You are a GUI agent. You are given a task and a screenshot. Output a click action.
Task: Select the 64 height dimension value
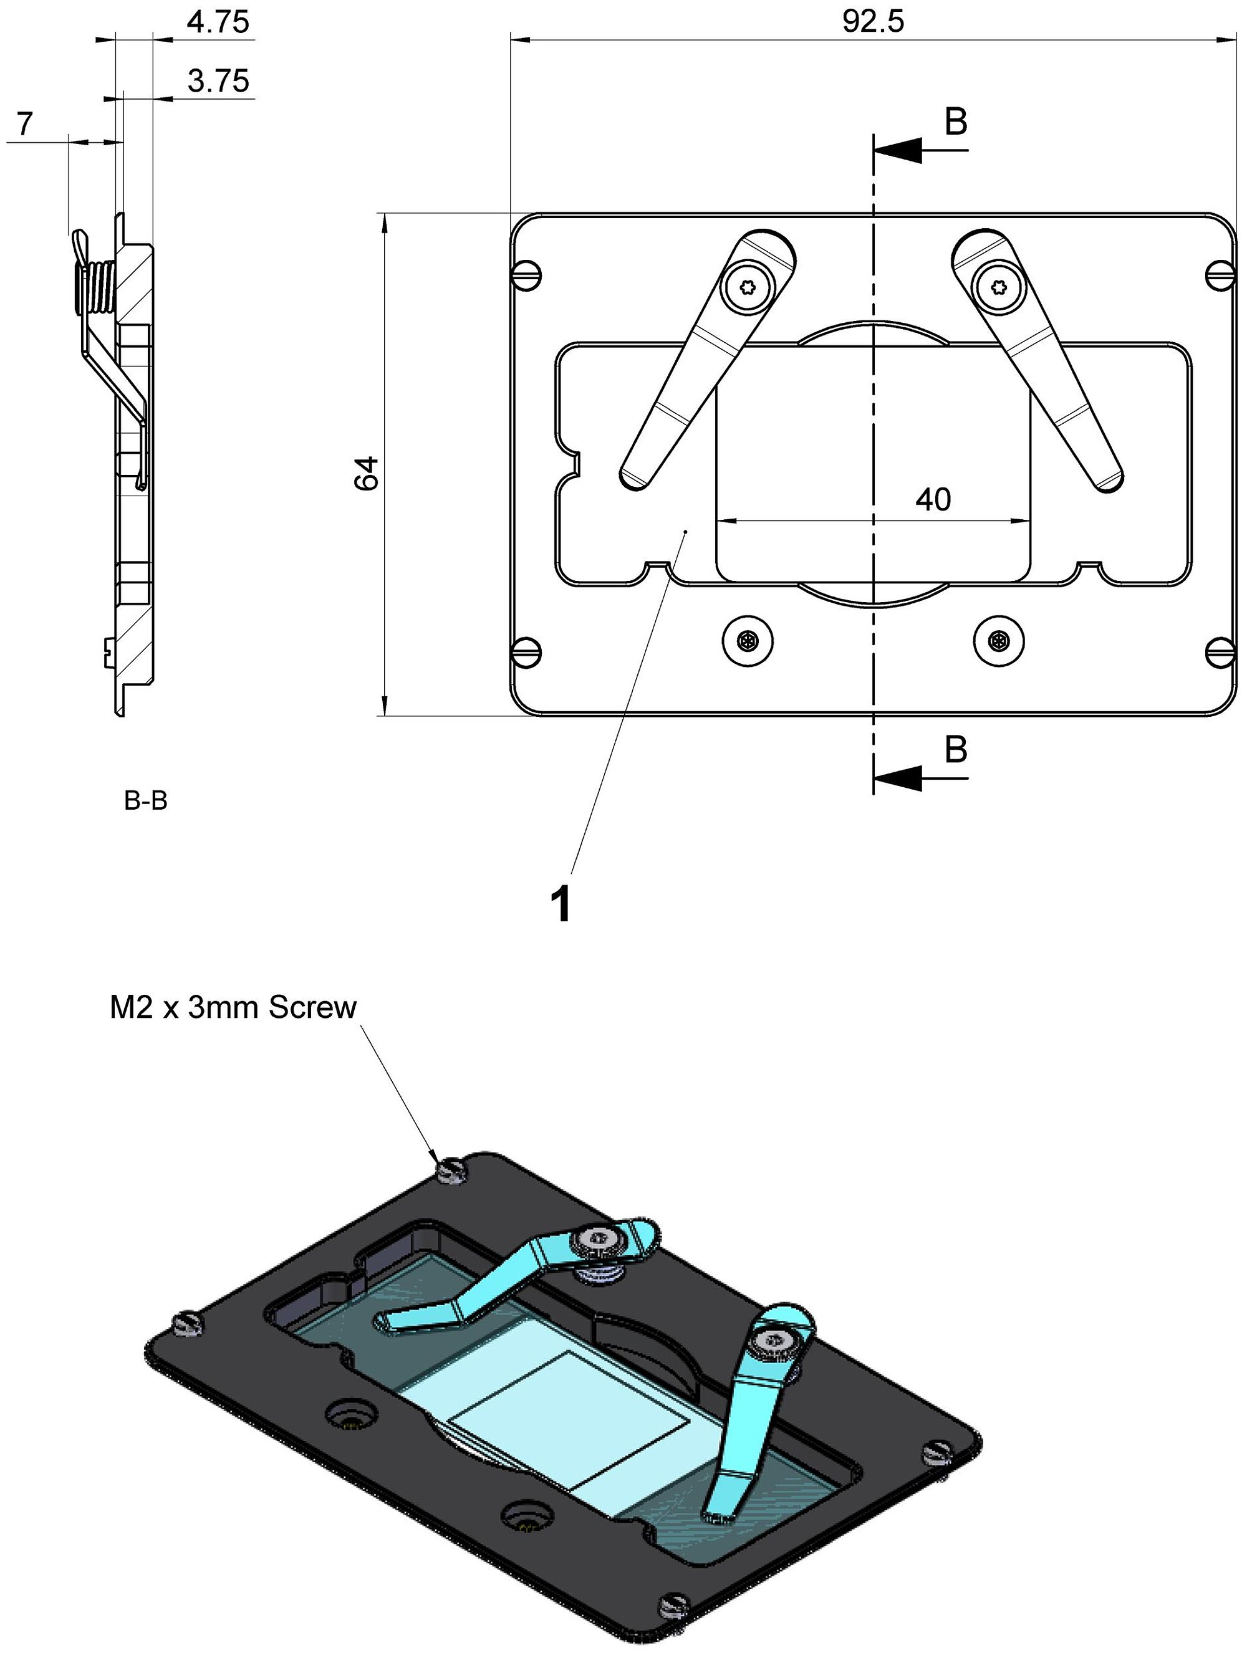[367, 473]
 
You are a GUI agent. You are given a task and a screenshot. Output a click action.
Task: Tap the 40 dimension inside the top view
[933, 499]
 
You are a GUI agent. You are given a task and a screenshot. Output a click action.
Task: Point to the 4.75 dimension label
[218, 22]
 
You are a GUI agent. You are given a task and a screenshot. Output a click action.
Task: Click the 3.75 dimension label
[218, 80]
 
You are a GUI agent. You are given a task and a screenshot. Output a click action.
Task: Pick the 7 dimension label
[25, 123]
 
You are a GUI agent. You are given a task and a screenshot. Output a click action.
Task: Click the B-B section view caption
[145, 802]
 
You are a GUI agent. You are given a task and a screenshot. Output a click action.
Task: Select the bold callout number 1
[561, 904]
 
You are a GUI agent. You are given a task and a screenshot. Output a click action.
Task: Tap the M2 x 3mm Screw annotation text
[233, 1008]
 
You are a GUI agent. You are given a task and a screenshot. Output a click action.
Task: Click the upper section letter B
[955, 122]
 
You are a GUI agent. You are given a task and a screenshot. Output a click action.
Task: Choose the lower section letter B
[955, 749]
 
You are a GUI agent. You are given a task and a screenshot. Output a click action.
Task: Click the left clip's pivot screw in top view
[748, 287]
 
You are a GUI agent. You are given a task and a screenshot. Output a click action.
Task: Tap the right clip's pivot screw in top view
[998, 287]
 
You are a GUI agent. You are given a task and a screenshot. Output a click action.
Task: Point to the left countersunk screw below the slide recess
[748, 641]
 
